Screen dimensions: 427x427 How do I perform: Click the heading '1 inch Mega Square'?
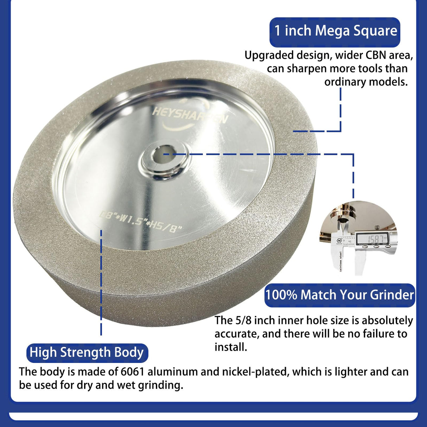click(x=335, y=31)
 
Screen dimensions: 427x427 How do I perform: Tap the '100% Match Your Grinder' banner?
click(x=339, y=295)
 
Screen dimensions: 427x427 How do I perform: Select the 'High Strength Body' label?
click(x=87, y=352)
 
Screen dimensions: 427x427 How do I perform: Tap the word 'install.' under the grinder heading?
click(x=231, y=347)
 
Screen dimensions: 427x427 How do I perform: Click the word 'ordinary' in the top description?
click(x=345, y=82)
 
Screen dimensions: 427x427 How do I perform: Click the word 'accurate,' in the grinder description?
click(x=237, y=334)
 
